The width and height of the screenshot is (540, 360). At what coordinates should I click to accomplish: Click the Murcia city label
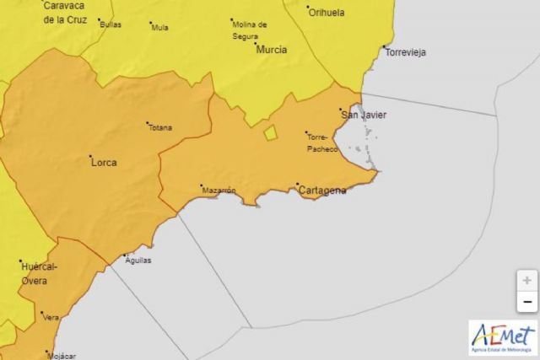[x=271, y=50]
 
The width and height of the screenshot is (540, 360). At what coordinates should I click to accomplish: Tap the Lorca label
[x=103, y=162]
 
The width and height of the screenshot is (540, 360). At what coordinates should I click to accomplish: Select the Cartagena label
[x=322, y=191]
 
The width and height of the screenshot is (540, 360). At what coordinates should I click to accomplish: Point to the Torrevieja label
[x=405, y=52]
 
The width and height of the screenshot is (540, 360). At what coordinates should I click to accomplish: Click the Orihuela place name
[x=327, y=13]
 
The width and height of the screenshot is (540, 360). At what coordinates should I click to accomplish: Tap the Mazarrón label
[x=219, y=191]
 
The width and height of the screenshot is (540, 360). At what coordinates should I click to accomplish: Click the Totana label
[x=159, y=128]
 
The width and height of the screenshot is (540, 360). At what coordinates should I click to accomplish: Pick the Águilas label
[x=138, y=261]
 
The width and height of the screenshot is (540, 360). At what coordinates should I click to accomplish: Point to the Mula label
[x=159, y=27]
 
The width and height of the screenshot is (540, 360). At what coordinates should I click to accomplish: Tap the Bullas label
[x=111, y=24]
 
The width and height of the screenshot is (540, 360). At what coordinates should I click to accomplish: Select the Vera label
[x=51, y=317]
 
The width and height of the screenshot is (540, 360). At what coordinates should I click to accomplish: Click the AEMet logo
[x=503, y=336]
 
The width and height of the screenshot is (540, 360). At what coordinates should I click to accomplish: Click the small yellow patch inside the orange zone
[x=270, y=132]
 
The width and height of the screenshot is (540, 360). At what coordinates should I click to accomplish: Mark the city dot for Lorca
[x=90, y=156]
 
